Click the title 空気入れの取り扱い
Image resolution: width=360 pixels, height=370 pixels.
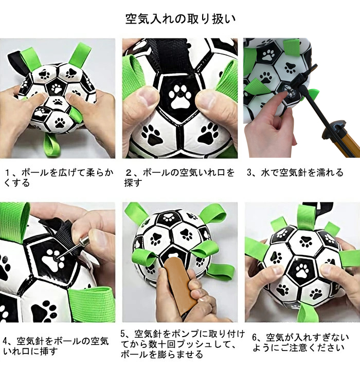(x=180, y=19)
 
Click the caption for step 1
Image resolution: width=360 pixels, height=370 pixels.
(x=59, y=177)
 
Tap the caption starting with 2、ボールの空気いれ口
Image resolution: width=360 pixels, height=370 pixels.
(x=179, y=177)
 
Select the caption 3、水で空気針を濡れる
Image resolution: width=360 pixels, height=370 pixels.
(x=295, y=173)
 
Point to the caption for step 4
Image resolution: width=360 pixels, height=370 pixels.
(x=56, y=346)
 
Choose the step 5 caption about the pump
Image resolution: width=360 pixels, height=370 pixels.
(x=183, y=344)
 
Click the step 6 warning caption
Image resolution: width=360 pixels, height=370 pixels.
(x=300, y=343)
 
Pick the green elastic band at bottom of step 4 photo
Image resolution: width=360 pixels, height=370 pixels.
(x=91, y=304)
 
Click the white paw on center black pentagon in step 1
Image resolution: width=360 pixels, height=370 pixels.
(x=56, y=88)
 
